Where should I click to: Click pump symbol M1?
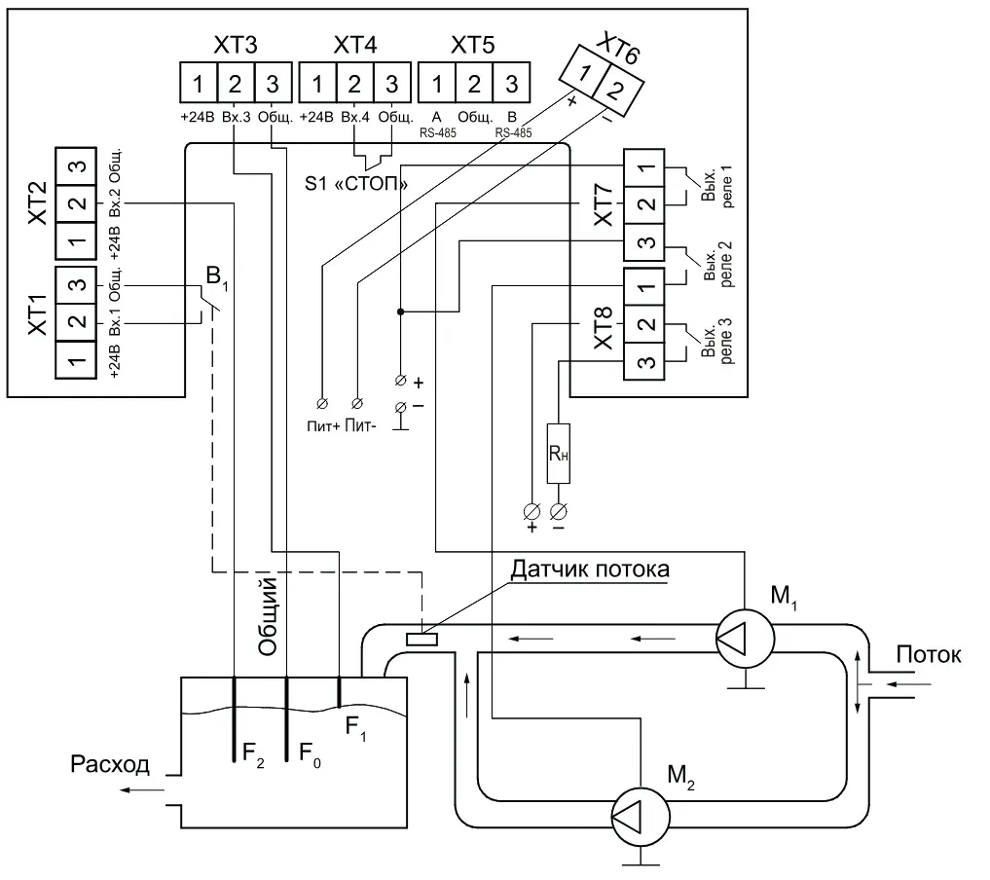(x=745, y=639)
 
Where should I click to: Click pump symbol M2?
(x=641, y=817)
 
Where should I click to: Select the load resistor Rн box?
(x=558, y=454)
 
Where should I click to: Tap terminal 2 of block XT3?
(x=236, y=83)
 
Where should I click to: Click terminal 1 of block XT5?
(x=437, y=83)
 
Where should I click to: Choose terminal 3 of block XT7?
(x=644, y=242)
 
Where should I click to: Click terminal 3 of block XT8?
(x=644, y=362)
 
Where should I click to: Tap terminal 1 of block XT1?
(x=76, y=360)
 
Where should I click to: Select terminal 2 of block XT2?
(x=76, y=203)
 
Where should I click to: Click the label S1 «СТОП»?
(x=356, y=184)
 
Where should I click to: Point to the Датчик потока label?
(x=590, y=568)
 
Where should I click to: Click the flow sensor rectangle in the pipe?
(x=422, y=640)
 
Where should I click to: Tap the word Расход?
(x=110, y=764)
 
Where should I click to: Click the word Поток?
(x=929, y=654)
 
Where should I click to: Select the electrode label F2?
(x=253, y=753)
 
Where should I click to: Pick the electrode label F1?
(x=355, y=728)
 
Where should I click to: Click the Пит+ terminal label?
(x=322, y=426)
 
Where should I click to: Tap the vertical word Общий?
(x=269, y=616)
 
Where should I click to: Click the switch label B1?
(x=216, y=278)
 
